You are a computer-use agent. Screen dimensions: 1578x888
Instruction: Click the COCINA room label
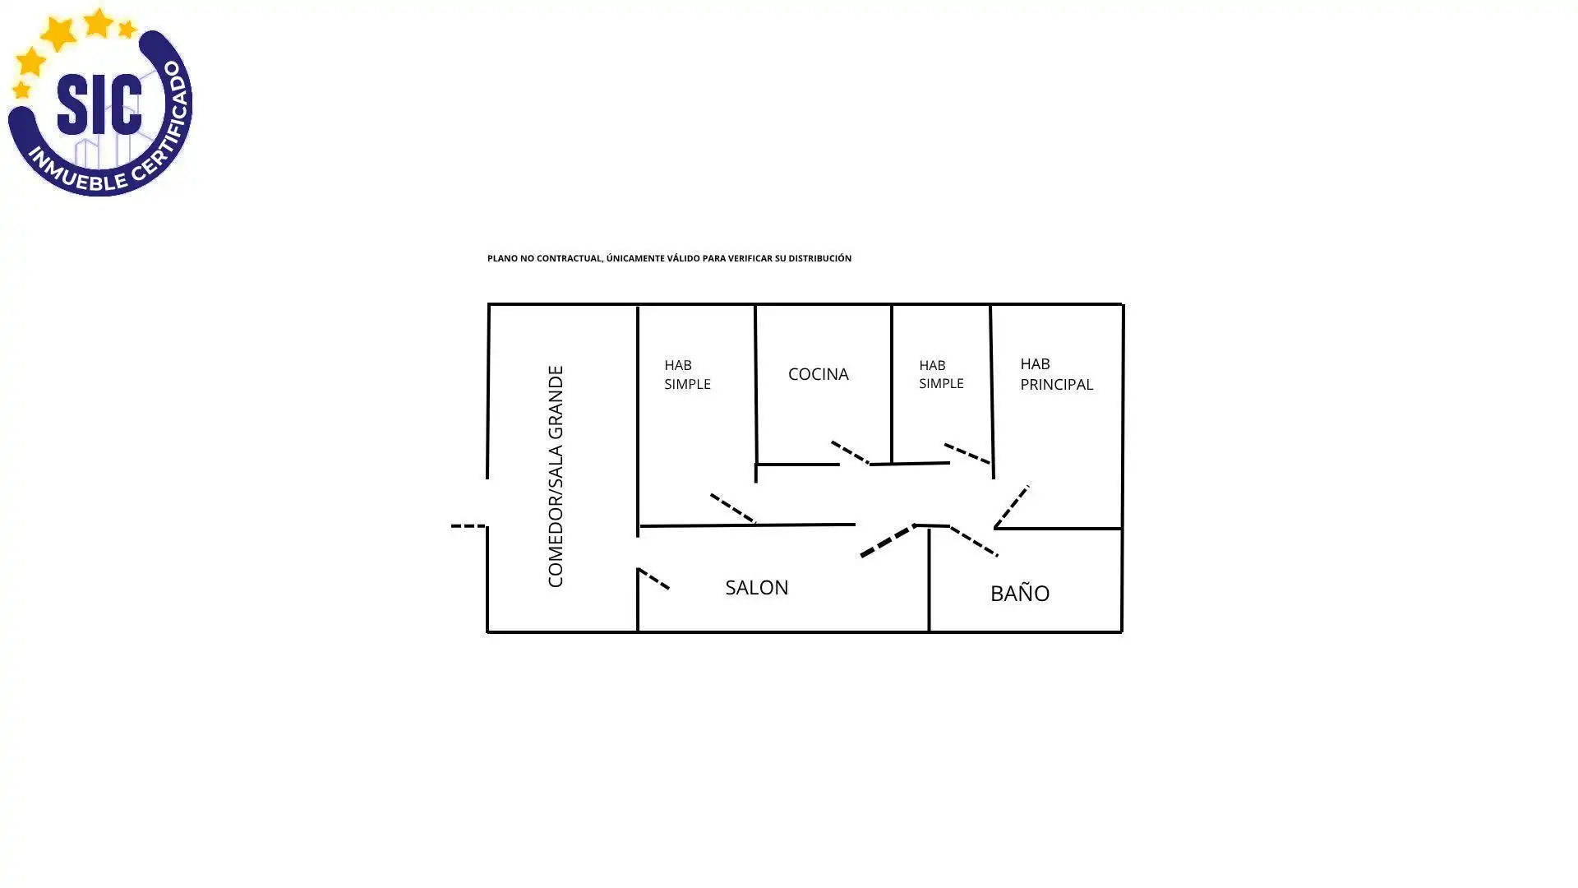pos(818,374)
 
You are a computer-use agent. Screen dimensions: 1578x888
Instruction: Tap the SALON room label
pos(756,587)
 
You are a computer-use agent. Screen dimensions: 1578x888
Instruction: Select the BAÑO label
pos(1019,592)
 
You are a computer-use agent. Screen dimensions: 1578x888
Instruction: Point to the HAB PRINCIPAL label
pos(1056,374)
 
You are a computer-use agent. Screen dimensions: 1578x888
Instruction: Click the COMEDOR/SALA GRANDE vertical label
pos(556,477)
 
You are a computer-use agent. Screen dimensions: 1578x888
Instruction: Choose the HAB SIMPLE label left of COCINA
pos(687,374)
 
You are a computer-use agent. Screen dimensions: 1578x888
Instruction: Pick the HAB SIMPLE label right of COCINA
pos(941,374)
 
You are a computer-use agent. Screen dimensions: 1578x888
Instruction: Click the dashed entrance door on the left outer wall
pos(468,525)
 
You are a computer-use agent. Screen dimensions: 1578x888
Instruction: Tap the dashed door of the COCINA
pos(850,452)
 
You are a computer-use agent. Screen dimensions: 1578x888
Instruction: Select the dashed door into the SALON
pos(653,579)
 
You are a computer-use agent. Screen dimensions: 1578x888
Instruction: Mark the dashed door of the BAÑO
pos(974,541)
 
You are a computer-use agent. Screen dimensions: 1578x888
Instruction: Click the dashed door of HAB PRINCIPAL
pos(1012,506)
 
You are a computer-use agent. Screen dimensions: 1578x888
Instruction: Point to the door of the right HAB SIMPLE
pos(967,453)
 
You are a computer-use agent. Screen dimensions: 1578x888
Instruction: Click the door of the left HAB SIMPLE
pos(733,509)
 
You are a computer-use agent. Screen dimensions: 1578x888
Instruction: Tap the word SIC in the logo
pos(99,104)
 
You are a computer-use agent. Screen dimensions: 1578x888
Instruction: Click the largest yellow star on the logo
pos(59,34)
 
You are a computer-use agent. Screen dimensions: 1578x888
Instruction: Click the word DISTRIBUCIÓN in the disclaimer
pos(819,258)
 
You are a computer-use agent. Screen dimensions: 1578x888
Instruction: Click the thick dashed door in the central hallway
pos(888,541)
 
